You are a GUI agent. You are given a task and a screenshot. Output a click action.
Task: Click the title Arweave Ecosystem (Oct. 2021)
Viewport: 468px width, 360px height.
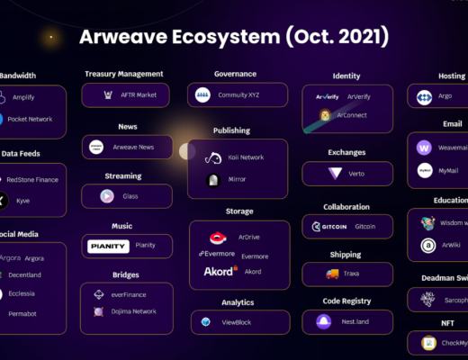click(x=234, y=37)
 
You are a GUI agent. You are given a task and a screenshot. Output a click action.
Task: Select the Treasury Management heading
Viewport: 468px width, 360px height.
click(x=124, y=74)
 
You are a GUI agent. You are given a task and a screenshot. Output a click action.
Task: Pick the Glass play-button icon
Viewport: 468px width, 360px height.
click(x=106, y=195)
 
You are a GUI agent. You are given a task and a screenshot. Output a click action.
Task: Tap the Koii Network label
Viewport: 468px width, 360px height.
click(x=246, y=157)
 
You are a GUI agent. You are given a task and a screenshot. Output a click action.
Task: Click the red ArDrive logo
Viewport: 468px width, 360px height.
click(x=217, y=238)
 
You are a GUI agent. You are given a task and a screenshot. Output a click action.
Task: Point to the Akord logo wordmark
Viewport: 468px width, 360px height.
click(x=220, y=271)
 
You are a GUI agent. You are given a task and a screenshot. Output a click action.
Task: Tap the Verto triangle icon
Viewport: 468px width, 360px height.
click(x=335, y=174)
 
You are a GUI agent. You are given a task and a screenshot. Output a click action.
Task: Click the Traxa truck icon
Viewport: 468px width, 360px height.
click(x=332, y=274)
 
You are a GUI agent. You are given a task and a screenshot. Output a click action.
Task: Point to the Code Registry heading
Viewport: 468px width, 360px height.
click(x=346, y=301)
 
